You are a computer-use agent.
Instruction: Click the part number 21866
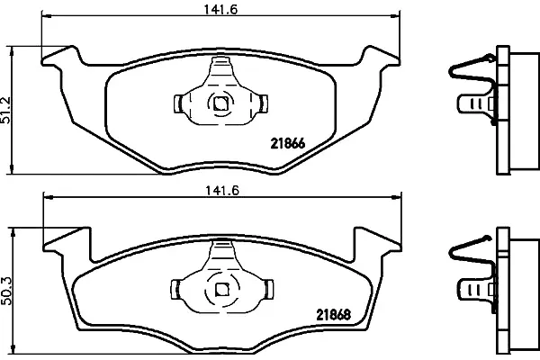click(288, 143)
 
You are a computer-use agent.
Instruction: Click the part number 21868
click(333, 314)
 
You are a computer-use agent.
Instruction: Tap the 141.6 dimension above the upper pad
click(220, 9)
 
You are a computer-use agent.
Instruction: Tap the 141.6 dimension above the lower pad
click(222, 191)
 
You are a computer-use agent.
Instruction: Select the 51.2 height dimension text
click(6, 110)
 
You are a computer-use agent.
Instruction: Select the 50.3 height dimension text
click(6, 291)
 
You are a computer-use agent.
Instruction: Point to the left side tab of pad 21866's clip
click(178, 103)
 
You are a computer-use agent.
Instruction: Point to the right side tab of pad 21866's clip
click(264, 103)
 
